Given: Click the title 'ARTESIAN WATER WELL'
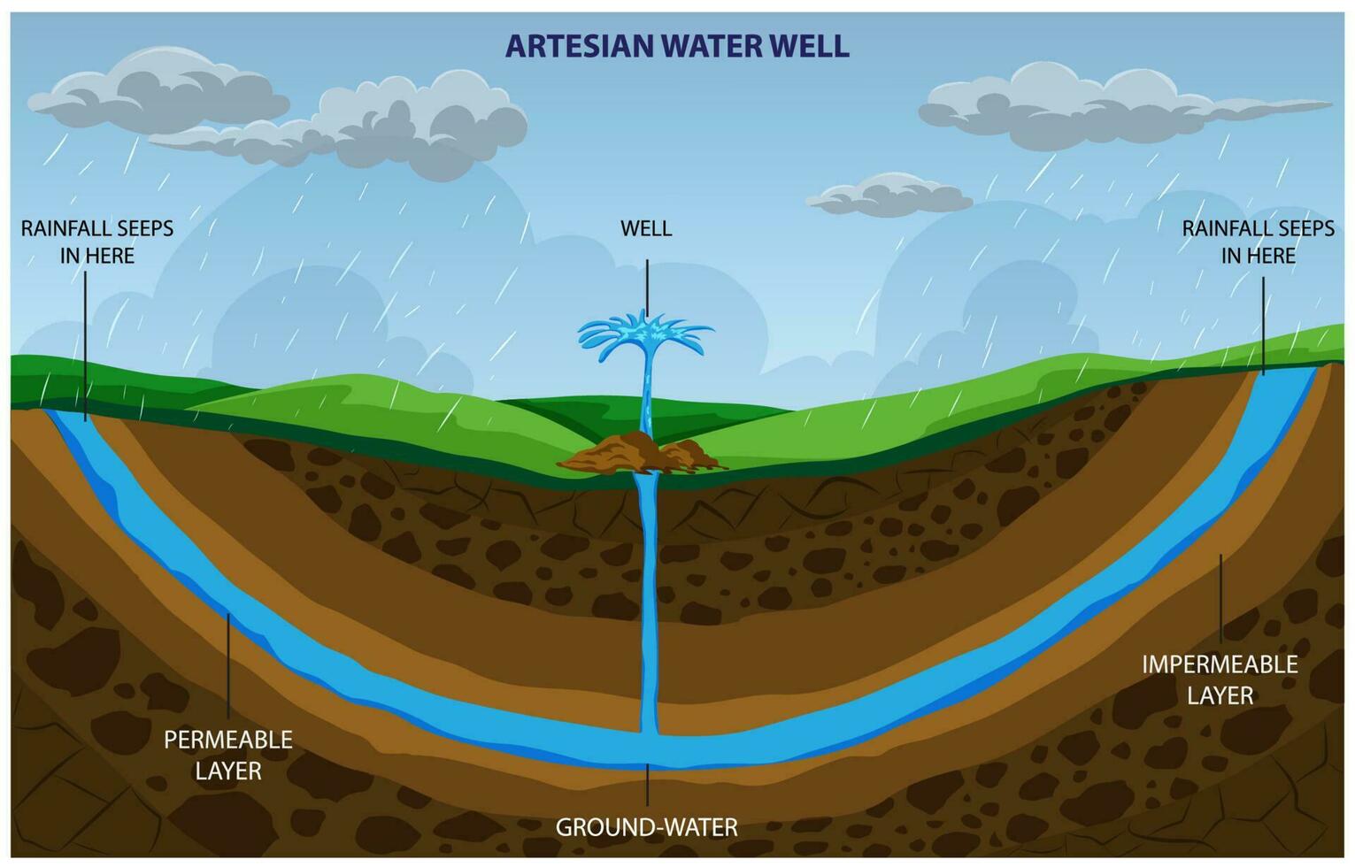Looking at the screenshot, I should click(x=677, y=45).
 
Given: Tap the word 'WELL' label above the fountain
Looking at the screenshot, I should click(x=646, y=228).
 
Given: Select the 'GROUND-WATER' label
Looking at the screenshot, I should click(x=646, y=827).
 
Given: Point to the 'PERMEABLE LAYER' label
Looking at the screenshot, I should click(x=228, y=755).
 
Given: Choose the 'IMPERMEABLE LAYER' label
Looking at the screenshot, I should click(x=1220, y=679).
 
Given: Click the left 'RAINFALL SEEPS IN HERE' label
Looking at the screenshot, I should click(x=97, y=242).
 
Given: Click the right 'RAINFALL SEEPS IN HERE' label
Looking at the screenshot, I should click(x=1258, y=242).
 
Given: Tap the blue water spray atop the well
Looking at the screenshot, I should click(x=645, y=335).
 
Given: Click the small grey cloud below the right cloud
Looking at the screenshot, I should click(x=889, y=196).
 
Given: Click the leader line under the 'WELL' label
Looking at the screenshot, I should click(x=647, y=288).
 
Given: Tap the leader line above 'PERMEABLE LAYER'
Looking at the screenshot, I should click(x=228, y=664).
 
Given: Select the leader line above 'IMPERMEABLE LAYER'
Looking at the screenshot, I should click(x=1221, y=598).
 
